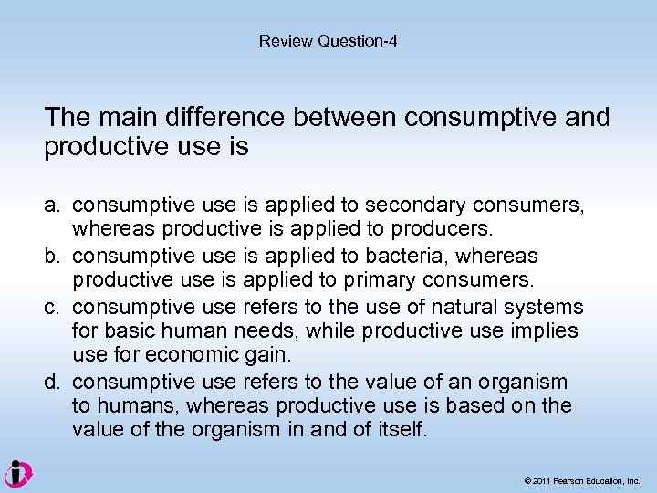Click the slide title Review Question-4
tap(328, 41)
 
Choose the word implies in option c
tap(547, 331)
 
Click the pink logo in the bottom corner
tap(18, 474)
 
